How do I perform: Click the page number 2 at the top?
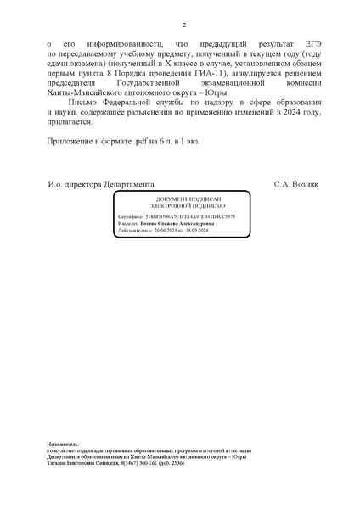[x=183, y=26]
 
